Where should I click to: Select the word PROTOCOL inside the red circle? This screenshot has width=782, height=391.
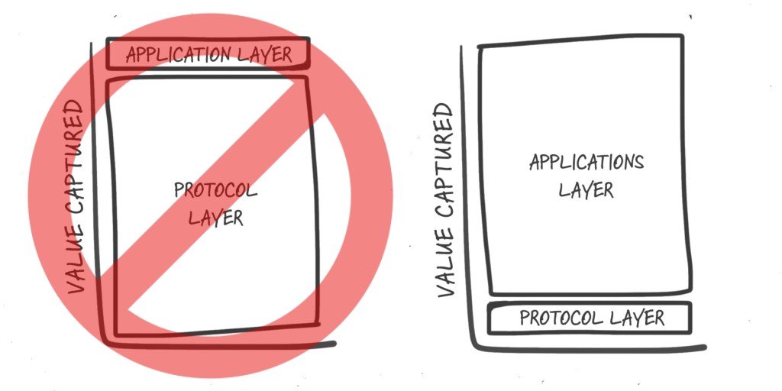click(x=215, y=190)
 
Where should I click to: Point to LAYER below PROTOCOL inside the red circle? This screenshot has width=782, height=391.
click(x=215, y=218)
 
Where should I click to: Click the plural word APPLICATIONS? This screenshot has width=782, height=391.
click(x=586, y=162)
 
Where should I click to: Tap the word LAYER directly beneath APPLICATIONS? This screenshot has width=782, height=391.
click(x=586, y=189)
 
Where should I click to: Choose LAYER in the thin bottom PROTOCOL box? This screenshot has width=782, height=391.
click(x=640, y=318)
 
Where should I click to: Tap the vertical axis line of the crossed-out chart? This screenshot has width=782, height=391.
click(x=94, y=191)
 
